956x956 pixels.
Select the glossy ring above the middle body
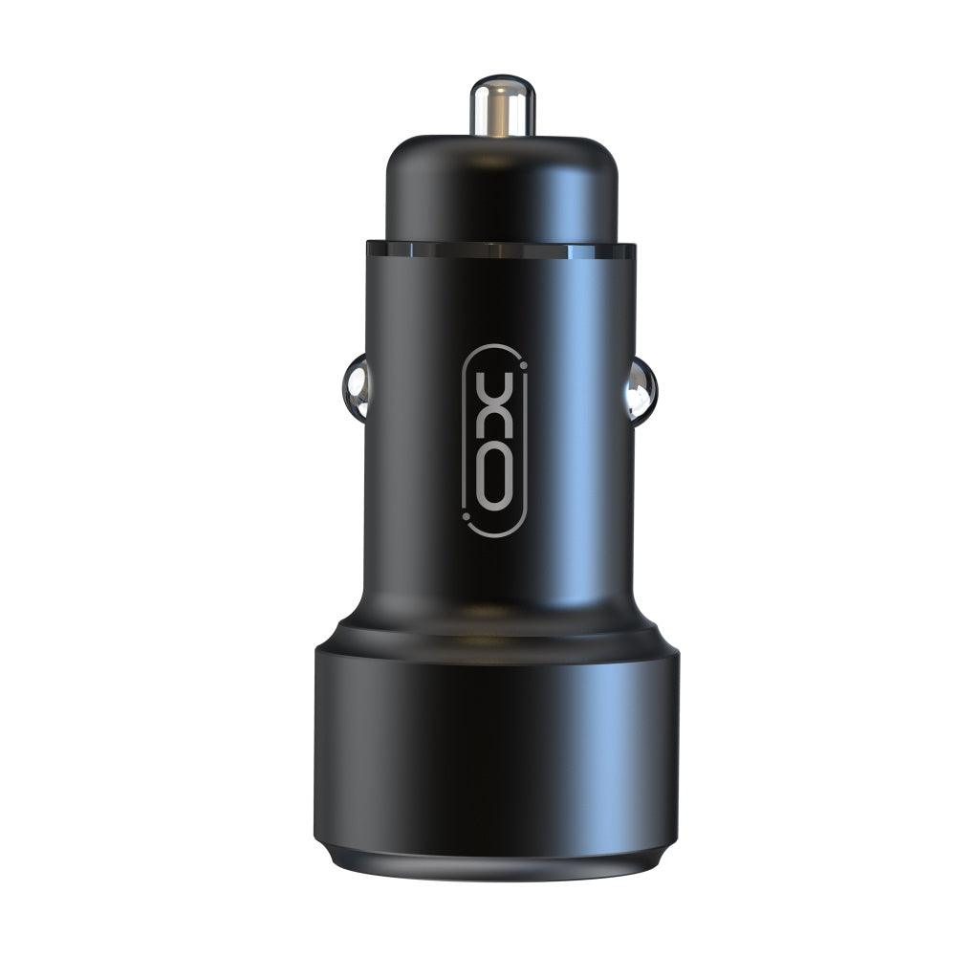click(x=500, y=251)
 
